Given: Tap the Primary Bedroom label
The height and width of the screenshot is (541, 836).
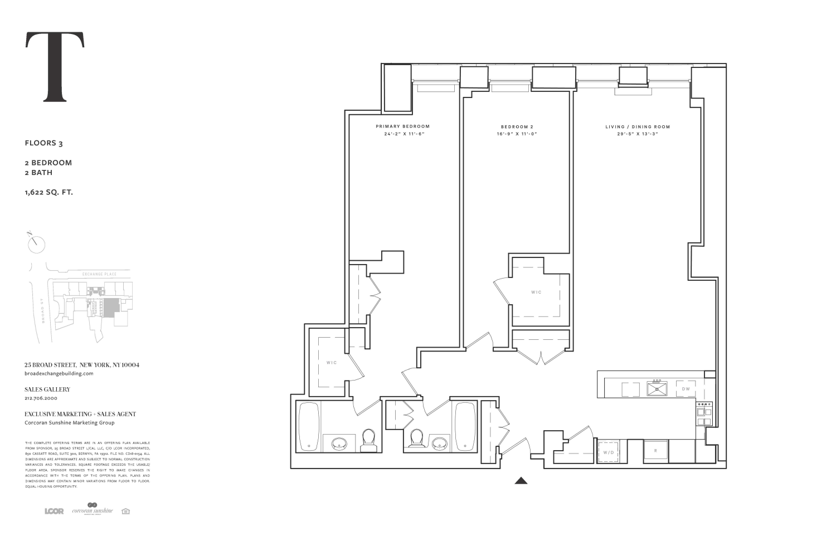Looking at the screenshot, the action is tap(402, 126).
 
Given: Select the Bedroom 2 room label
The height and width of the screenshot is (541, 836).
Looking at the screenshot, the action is tap(517, 126).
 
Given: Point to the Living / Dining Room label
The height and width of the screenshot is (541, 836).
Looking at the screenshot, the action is tap(638, 126).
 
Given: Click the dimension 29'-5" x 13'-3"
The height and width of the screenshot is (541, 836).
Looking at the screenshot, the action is tap(638, 134).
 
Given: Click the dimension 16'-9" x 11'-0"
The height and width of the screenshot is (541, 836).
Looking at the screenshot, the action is tap(517, 134).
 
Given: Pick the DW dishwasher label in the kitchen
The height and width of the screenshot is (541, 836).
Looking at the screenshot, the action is tap(686, 388).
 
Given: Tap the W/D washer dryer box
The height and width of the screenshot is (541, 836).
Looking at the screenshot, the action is tap(608, 452).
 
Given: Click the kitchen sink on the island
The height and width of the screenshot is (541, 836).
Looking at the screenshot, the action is tap(657, 388).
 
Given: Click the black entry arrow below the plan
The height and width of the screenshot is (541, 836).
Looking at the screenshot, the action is tap(521, 480).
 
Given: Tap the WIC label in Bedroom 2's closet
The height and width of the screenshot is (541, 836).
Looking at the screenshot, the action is tap(536, 292).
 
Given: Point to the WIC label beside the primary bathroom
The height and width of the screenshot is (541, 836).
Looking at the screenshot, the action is tap(332, 363).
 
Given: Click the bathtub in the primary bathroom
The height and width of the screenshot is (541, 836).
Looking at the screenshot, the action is tap(308, 427).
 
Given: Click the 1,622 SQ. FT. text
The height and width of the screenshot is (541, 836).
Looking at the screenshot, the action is tap(49, 193).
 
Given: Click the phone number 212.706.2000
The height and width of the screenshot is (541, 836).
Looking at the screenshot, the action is tap(41, 398).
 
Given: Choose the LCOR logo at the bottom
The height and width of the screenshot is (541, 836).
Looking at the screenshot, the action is tap(54, 511).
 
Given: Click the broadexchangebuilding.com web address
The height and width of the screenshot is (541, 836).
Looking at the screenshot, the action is tap(59, 373).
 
